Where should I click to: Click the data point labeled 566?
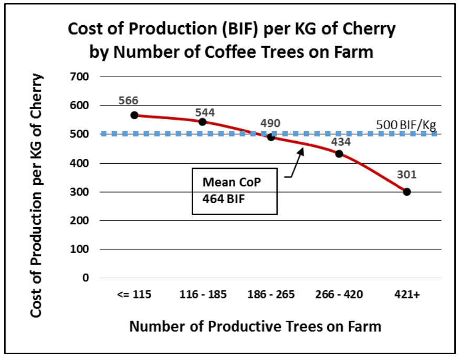tap(134, 115)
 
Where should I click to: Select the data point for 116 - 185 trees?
tap(202, 122)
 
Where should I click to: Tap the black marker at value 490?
tap(271, 137)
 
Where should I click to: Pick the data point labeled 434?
tap(339, 154)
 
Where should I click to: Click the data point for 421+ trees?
tap(407, 192)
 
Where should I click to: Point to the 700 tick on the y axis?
tap(79, 77)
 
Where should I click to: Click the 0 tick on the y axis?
tap(86, 278)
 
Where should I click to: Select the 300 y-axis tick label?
tap(79, 192)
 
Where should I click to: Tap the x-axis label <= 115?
tap(134, 294)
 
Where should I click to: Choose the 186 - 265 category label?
tap(271, 294)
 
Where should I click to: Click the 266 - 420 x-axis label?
tap(339, 294)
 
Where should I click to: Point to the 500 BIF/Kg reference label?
tap(406, 125)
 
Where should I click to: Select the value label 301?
tap(406, 175)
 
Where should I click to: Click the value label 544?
tap(205, 112)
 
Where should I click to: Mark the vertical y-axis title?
tap(37, 195)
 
